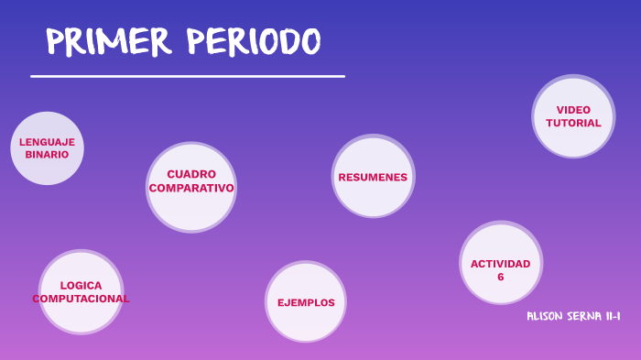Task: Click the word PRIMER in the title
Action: tap(109, 41)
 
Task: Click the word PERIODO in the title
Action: tap(254, 41)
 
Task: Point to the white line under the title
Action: tap(187, 76)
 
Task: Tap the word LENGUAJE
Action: tap(47, 142)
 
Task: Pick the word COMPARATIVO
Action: tap(191, 188)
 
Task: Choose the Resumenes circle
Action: tap(373, 177)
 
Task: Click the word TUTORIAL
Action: tap(573, 123)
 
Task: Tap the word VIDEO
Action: tap(573, 110)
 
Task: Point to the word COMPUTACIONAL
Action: tap(81, 299)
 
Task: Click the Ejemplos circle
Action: tap(306, 302)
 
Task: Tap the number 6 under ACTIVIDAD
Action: tap(501, 276)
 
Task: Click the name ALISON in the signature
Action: tap(547, 316)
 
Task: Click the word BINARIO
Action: tap(47, 155)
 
